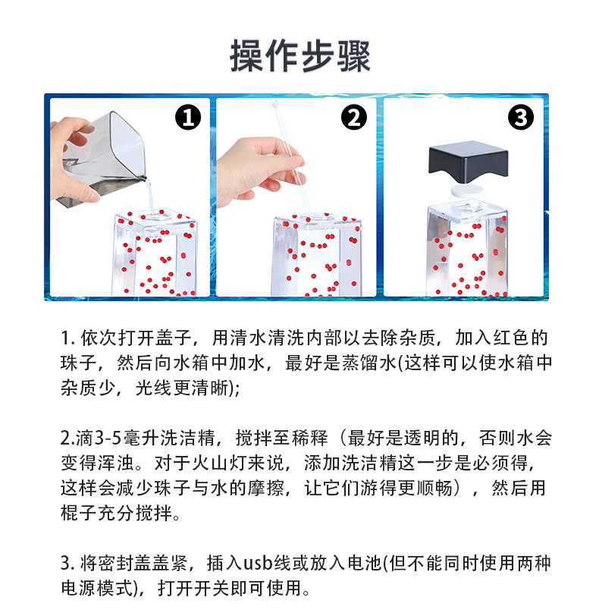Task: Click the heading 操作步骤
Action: [299, 57]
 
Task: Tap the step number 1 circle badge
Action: [188, 118]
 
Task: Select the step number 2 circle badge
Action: [353, 118]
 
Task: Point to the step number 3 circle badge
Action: [520, 118]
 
